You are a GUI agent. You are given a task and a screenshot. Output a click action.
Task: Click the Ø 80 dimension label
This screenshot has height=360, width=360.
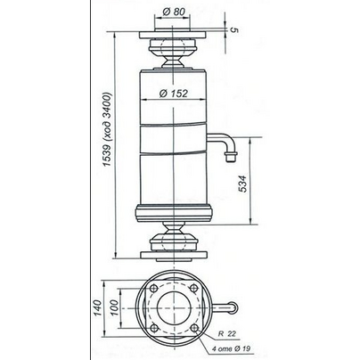pyautogui.click(x=174, y=12)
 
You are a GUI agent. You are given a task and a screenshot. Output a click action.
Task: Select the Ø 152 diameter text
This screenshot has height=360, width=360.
pyautogui.click(x=174, y=94)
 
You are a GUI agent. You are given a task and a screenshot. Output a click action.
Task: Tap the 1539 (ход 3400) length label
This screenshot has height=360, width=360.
pyautogui.click(x=107, y=129)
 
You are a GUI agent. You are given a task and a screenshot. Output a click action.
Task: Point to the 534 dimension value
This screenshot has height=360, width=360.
pyautogui.click(x=243, y=184)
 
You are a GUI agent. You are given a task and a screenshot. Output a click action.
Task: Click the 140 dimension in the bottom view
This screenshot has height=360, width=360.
pyautogui.click(x=98, y=308)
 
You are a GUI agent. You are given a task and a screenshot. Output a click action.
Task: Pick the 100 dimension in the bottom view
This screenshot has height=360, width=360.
pyautogui.click(x=114, y=307)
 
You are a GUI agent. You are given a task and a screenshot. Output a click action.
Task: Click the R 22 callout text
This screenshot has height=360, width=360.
pyautogui.click(x=227, y=334)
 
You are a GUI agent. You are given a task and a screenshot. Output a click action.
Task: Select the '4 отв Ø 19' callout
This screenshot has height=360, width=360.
pyautogui.click(x=231, y=348)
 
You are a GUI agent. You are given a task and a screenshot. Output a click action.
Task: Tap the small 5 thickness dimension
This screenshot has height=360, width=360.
pyautogui.click(x=234, y=30)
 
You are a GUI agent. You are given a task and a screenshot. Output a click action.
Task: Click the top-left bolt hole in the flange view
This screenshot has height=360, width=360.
pyautogui.click(x=154, y=288)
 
